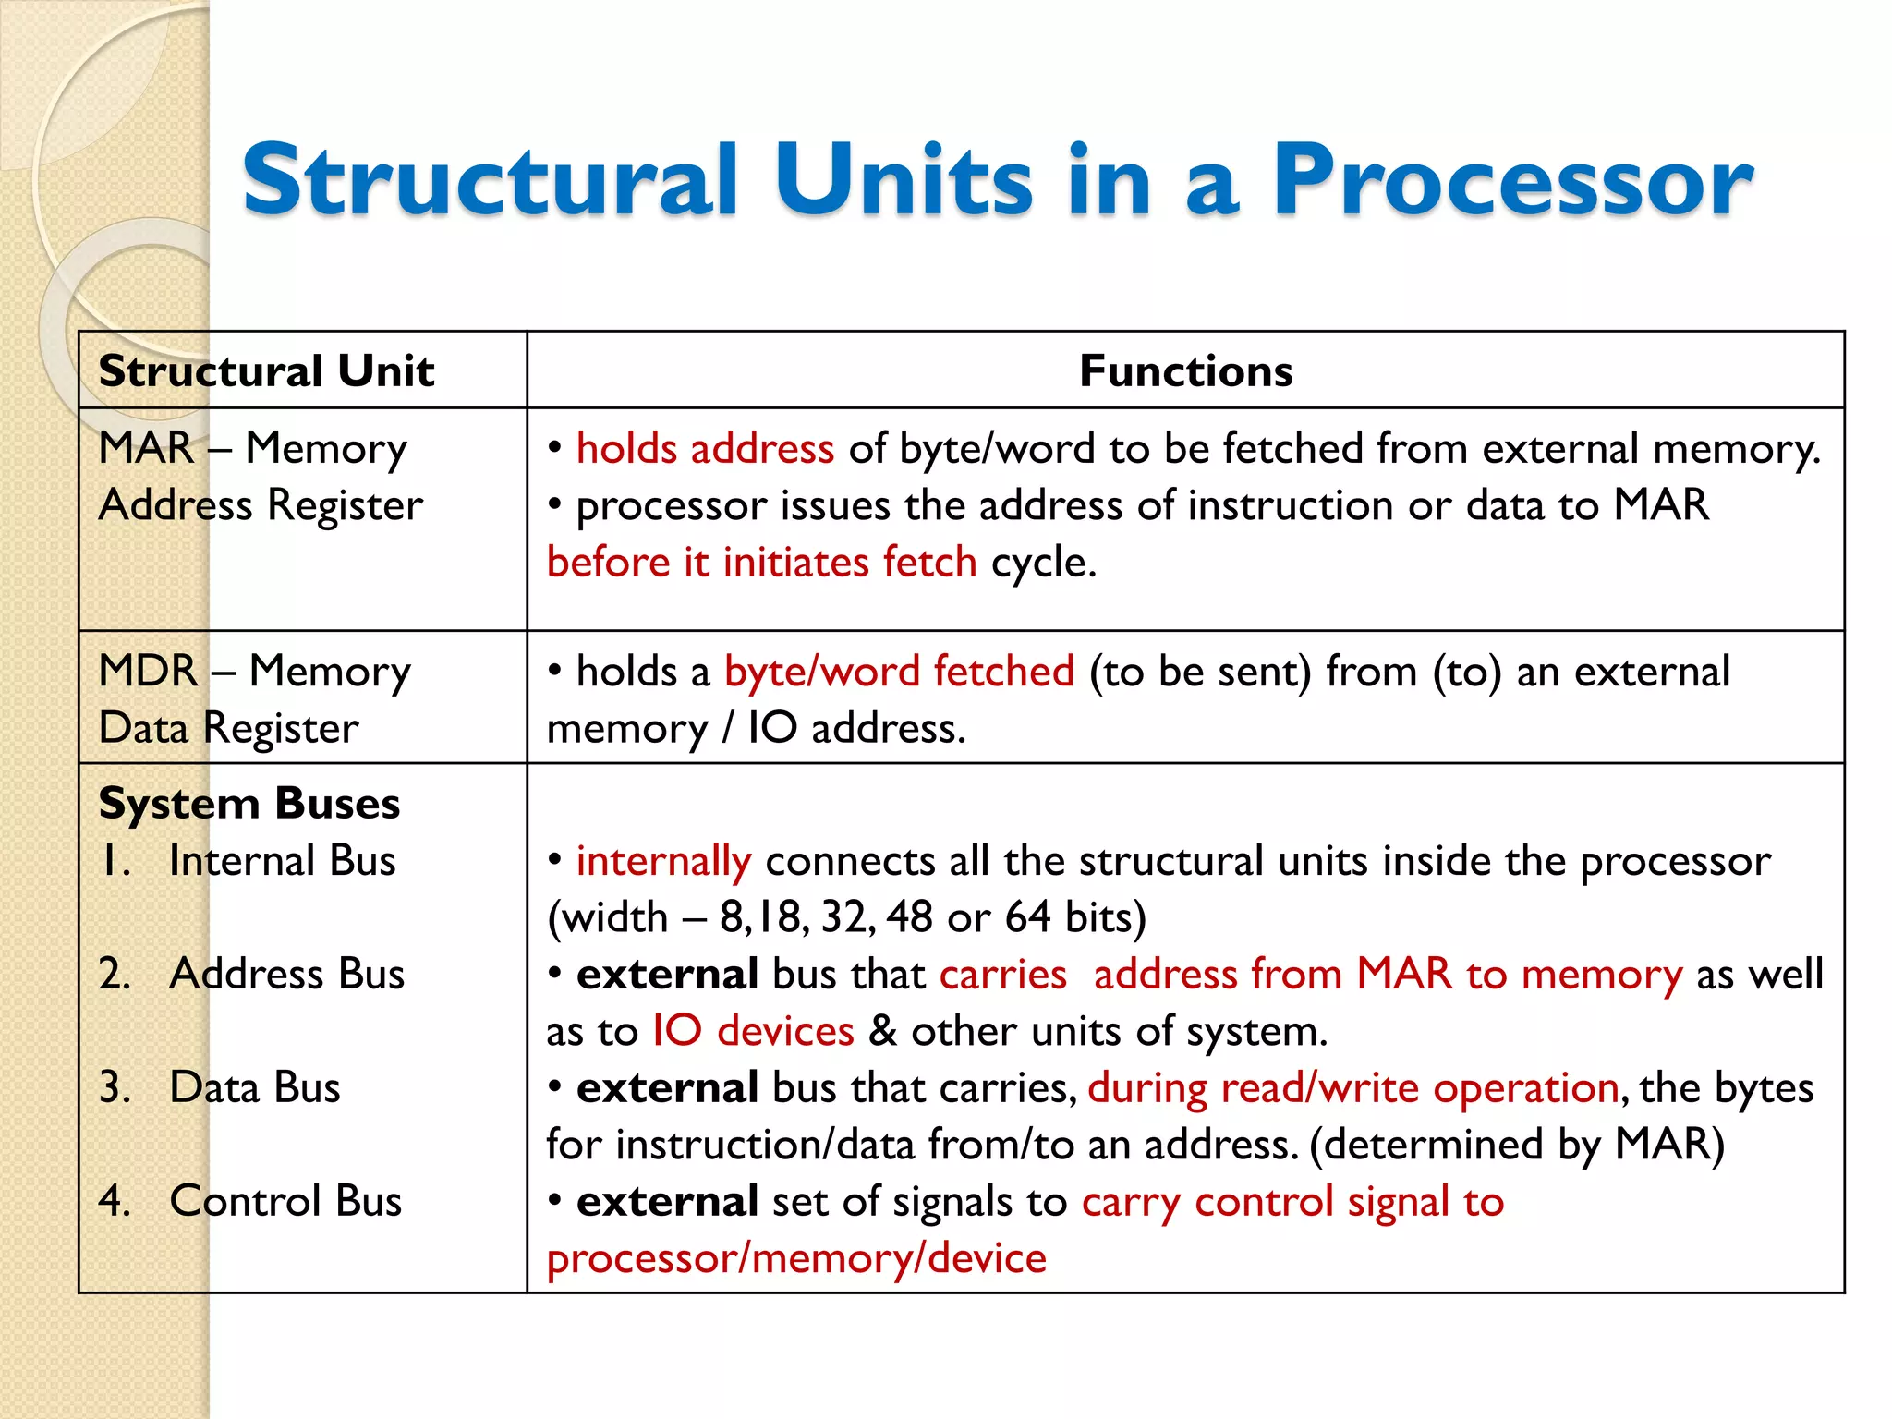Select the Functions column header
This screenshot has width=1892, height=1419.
coord(1185,371)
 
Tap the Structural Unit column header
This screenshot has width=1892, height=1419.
coord(266,371)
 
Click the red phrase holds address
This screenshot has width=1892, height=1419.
coord(705,449)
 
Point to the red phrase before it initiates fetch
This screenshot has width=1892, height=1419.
coord(761,563)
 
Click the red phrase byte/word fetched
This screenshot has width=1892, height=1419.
coord(899,672)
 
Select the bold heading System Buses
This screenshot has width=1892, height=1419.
coord(249,804)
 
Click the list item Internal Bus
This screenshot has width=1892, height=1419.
coord(282,861)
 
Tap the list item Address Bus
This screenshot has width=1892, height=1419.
coord(286,975)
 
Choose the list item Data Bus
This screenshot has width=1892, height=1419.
coord(255,1088)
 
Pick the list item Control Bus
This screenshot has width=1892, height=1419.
coord(285,1202)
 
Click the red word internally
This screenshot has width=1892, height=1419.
coord(663,862)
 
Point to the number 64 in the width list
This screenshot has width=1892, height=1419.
coord(1027,918)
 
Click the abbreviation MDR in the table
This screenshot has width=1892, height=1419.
coord(148,672)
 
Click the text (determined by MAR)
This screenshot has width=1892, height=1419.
coord(1517,1146)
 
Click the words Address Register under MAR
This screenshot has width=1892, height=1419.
coord(261,506)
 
